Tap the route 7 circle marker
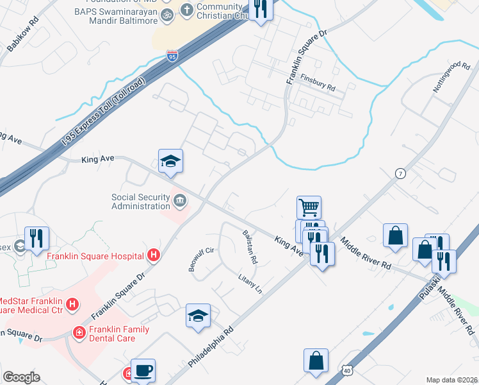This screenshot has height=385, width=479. coord(401,174)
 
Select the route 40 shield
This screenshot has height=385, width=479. coord(346,370)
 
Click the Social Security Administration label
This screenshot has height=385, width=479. coord(140,202)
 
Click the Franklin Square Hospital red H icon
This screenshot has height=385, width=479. coord(153,256)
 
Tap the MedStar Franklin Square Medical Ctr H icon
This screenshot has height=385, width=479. coord(73,303)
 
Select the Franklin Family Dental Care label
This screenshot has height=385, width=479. coord(119,334)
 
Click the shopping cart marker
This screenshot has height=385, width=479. coord(309,208)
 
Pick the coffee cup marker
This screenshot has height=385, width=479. coord(143,370)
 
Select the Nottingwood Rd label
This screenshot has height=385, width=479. coord(451,78)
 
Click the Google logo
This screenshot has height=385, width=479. coord(21,377)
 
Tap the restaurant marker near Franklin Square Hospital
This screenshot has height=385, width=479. coord(37,239)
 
